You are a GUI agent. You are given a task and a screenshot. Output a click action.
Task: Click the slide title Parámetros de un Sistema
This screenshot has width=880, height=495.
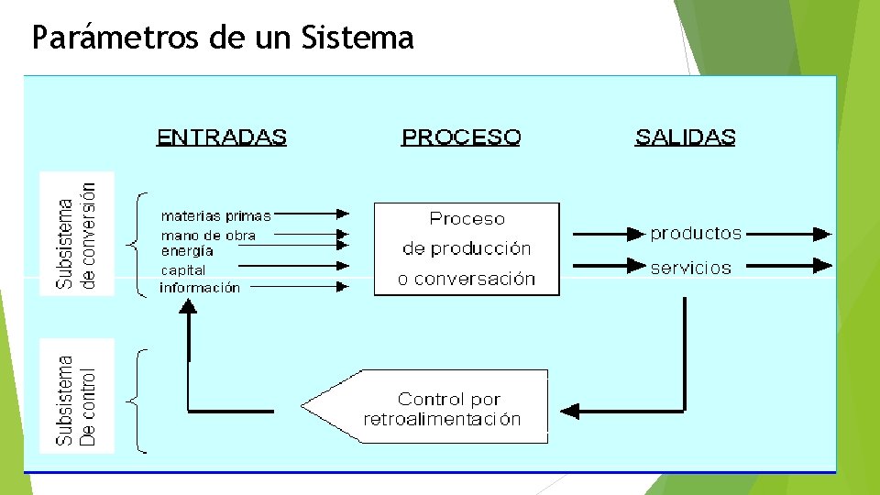coord(223,38)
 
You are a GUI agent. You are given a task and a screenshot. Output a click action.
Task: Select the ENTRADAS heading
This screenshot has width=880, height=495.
coord(222,137)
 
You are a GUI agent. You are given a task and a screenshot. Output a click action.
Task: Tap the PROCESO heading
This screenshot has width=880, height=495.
coord(461,137)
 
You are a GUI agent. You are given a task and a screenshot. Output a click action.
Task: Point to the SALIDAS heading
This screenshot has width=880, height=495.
coord(685,137)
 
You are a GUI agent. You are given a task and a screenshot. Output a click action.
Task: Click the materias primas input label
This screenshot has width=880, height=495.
coord(215,216)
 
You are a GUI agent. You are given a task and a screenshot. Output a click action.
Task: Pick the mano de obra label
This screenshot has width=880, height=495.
coord(208,236)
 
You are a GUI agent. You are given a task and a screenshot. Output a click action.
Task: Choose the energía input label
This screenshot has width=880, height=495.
coord(187,250)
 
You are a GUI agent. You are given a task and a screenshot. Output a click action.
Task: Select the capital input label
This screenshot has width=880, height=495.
coord(183,270)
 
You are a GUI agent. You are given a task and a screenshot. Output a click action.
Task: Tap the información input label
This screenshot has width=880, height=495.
coord(200,288)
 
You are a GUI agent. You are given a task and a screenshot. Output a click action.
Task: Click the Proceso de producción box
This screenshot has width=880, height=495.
coord(467,248)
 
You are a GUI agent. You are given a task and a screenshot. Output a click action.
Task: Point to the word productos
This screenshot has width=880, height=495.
coord(696,234)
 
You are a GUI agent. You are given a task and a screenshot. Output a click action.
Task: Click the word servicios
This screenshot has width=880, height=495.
coord(690,268)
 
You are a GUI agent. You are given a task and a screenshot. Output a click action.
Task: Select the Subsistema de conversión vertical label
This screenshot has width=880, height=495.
coord(77,234)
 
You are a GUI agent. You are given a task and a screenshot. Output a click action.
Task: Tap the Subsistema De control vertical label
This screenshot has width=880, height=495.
coord(77,395)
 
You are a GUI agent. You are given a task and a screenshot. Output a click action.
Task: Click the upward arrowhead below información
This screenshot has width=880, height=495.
coord(188,308)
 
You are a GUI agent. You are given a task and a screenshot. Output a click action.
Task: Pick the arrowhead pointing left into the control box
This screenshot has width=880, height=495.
coord(569,410)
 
